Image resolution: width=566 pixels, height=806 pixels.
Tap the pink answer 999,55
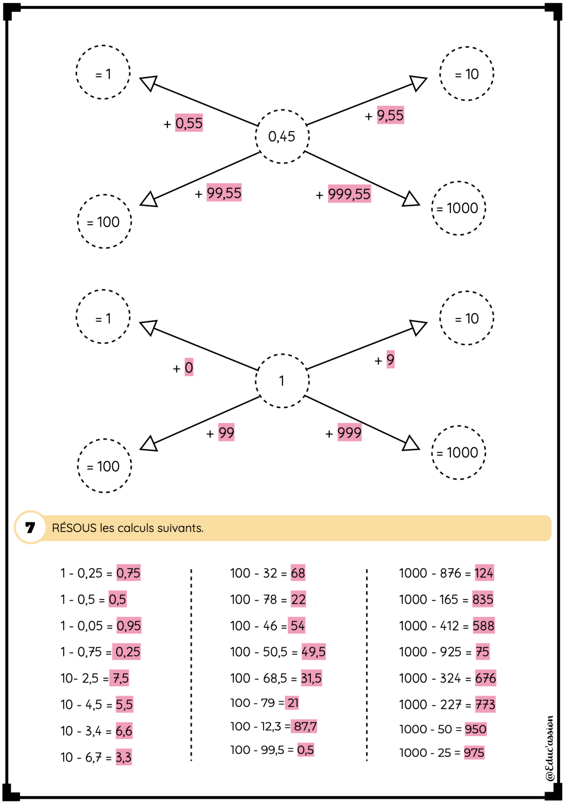[x=350, y=193]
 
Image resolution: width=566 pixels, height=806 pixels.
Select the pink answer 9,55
[x=391, y=115]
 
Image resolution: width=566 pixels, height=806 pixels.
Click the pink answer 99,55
[x=224, y=192]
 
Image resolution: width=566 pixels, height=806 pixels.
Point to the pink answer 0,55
[x=189, y=123]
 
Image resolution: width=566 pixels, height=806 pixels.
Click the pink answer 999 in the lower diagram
[x=350, y=432]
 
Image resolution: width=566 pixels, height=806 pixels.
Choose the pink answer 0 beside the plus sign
[x=189, y=367]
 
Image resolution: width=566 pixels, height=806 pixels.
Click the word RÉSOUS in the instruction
[x=74, y=527]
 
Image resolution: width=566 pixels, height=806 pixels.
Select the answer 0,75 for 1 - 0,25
[x=128, y=573]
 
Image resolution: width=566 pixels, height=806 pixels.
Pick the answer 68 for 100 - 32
[x=298, y=573]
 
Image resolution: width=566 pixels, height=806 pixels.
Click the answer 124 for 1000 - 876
[x=484, y=573]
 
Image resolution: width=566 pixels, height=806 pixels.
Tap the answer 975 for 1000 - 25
[x=474, y=752]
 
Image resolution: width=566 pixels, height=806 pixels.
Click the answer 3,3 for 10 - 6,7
[x=124, y=757]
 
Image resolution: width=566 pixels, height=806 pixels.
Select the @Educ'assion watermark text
[x=549, y=749]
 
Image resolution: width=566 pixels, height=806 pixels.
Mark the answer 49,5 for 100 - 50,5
[x=313, y=652]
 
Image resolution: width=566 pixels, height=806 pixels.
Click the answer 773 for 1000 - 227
[x=485, y=704]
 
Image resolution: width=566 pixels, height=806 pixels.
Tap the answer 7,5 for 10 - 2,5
[x=120, y=678]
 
